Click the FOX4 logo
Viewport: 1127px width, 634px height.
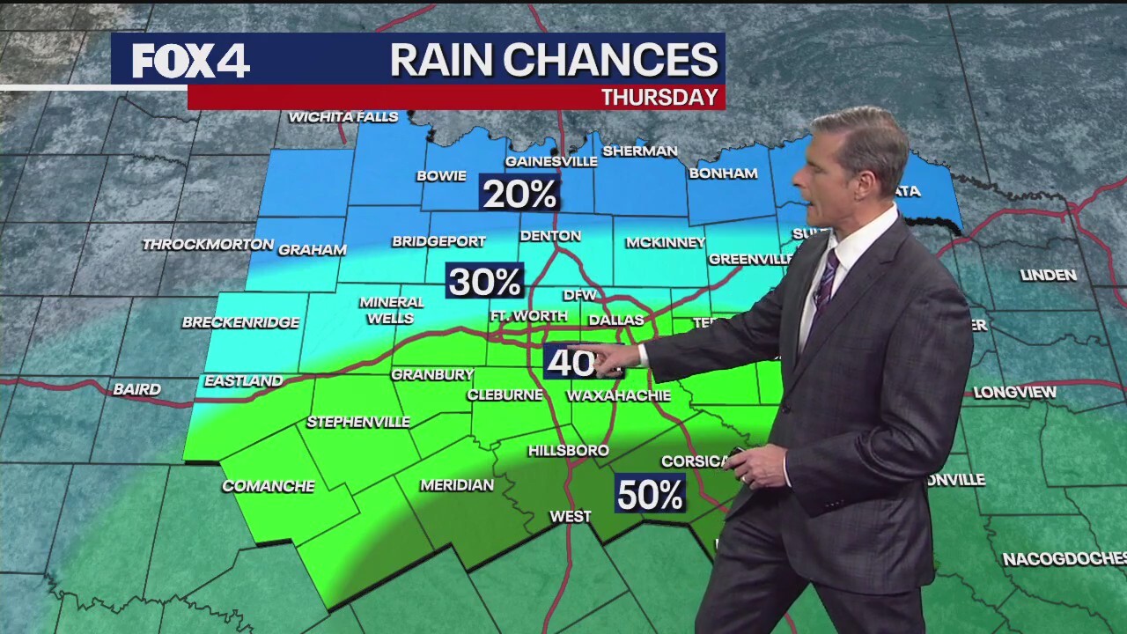191,61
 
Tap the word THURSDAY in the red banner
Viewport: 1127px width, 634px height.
659,97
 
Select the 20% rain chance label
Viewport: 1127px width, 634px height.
519,194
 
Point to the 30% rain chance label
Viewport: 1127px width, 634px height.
484,282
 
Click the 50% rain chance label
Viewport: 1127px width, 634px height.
650,495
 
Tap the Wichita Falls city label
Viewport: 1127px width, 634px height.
343,117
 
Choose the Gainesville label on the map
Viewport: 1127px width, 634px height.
551,161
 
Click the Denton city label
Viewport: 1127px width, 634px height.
550,236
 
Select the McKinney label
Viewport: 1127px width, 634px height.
665,242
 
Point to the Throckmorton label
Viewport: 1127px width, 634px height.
208,244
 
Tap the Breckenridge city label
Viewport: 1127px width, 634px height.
240,322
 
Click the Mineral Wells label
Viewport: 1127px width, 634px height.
391,310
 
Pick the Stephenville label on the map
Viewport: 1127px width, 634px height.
357,422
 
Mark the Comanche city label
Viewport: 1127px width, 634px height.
269,486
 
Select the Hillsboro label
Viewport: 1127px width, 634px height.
568,451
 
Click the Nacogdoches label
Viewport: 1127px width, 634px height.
1064,558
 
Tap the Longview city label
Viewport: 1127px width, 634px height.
1014,393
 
